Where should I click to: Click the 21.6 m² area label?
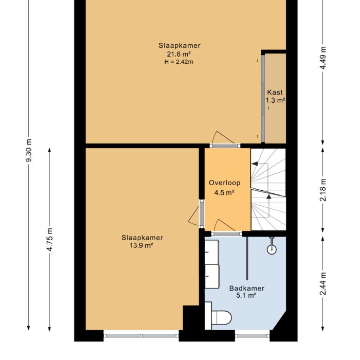tap(179, 54)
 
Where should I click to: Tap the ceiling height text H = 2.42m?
tap(179, 62)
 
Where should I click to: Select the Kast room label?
tap(275, 93)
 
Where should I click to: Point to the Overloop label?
tap(224, 183)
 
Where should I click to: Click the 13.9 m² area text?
tap(142, 246)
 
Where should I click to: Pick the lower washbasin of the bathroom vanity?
tap(212, 276)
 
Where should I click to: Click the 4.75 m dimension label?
tap(50, 239)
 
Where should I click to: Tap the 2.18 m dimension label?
tap(323, 189)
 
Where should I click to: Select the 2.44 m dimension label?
tap(323, 283)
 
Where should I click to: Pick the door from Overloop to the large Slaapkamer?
tap(224, 140)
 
